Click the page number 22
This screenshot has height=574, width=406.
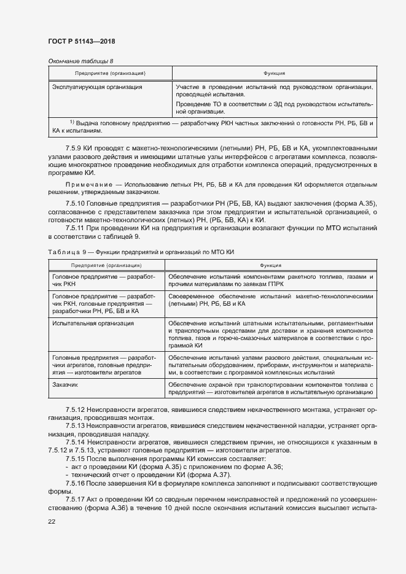(51, 521)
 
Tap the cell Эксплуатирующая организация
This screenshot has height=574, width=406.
(97, 87)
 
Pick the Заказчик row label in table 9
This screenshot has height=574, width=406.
(66, 384)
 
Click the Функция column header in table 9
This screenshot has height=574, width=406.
(271, 265)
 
